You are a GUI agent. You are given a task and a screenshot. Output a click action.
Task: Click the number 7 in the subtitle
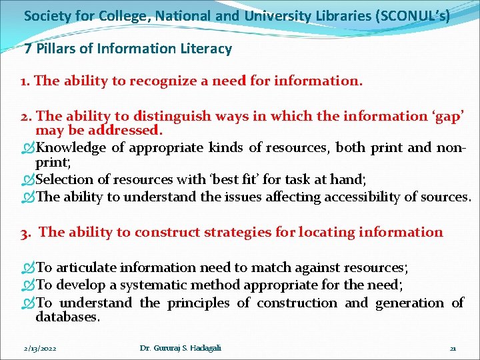click(x=28, y=49)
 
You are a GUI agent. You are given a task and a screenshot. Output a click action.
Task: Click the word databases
click(x=67, y=317)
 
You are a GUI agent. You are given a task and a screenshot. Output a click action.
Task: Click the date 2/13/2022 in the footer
click(x=39, y=348)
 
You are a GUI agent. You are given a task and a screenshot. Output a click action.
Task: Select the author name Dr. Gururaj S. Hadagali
click(x=180, y=348)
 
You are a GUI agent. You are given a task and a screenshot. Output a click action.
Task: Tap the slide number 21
click(x=453, y=348)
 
